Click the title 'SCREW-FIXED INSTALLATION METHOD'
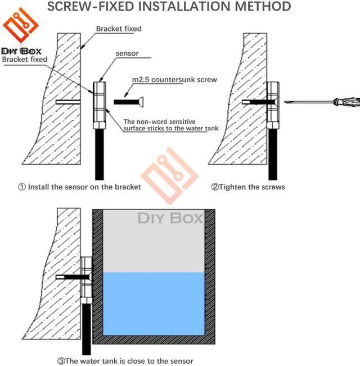[169, 6]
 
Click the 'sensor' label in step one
[127, 53]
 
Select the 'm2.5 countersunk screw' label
[174, 80]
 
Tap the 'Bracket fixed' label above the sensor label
[119, 29]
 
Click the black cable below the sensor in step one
[100, 152]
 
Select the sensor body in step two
[272, 101]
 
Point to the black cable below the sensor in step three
[86, 326]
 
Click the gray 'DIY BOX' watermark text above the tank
[166, 218]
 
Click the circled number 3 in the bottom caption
[61, 360]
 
